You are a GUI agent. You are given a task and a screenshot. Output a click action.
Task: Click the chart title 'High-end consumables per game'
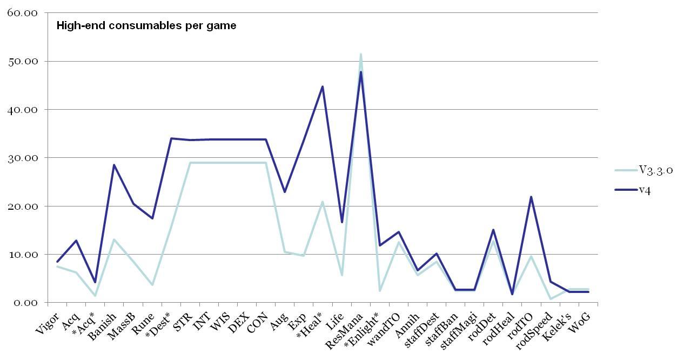tap(146, 25)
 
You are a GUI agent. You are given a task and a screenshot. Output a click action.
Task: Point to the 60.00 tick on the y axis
tap(22, 13)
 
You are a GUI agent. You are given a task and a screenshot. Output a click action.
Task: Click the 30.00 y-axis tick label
tap(22, 158)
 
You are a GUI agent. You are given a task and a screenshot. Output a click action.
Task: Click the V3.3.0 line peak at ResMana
tap(360, 54)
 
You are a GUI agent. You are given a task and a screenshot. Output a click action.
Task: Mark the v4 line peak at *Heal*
tap(323, 86)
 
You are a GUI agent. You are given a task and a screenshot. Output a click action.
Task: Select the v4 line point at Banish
tap(114, 165)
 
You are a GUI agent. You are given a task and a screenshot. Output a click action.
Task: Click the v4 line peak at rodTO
tap(531, 197)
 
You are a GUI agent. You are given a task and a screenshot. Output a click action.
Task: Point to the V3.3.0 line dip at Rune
tap(152, 285)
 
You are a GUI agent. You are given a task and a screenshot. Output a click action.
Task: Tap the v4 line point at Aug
tap(285, 192)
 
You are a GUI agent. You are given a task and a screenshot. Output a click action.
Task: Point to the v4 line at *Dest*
tap(171, 138)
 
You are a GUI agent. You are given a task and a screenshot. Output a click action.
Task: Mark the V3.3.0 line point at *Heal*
tap(323, 202)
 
